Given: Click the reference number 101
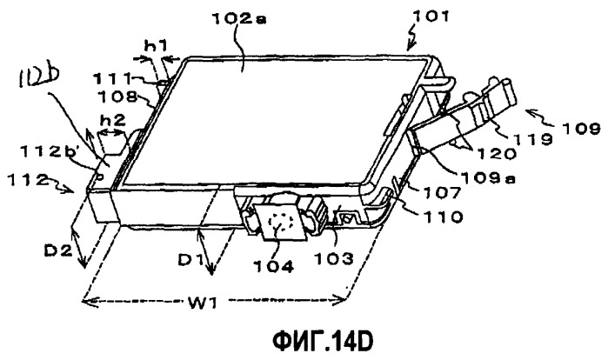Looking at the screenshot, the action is coord(431,16).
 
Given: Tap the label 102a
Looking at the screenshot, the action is coord(239,18).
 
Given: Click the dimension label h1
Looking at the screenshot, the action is coord(156,46).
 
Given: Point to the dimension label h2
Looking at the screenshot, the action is coord(113,121).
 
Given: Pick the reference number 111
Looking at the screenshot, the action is coord(112,78).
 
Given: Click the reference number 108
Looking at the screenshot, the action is coord(118,97).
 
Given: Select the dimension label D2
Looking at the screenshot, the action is coord(58,250).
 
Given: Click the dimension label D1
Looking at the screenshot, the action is coord(190,260).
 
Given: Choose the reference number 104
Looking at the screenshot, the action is coord(273,267).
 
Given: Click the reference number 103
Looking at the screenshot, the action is coord(334,258).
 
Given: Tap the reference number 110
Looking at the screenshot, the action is coord(443,217).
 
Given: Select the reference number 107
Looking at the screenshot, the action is coord(442,192).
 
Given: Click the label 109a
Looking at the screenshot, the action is coord(488,177).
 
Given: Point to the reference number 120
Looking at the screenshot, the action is coord(498,154).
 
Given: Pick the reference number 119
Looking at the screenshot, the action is coord(533,138).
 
